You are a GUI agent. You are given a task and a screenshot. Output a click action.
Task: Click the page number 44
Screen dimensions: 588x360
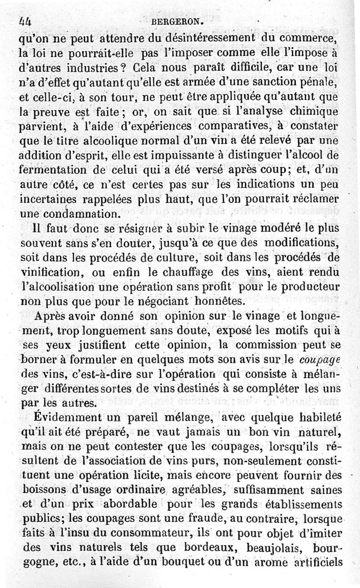27,21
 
